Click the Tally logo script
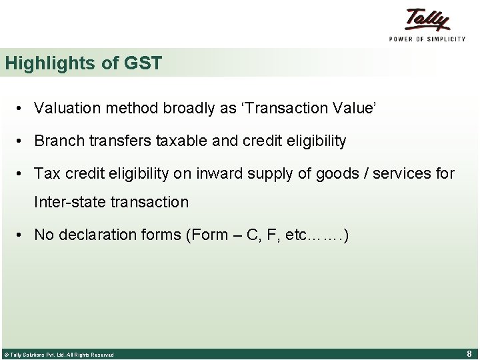tap(427, 20)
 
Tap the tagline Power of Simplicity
tap(427, 39)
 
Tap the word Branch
tap(58, 141)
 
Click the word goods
tap(317, 174)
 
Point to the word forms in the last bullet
tap(153, 235)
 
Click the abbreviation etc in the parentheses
tap(296, 235)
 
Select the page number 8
tap(469, 354)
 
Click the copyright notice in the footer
tap(59, 355)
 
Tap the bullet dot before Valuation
tap(22, 108)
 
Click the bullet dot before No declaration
tap(22, 235)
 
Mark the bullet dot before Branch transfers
tap(22, 141)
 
